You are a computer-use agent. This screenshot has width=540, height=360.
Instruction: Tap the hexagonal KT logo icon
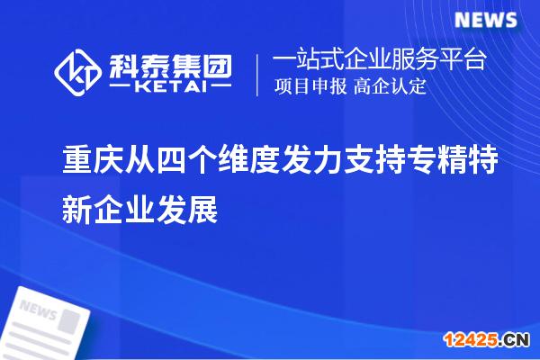click(x=78, y=71)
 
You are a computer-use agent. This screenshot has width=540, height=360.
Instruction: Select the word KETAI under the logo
click(x=172, y=86)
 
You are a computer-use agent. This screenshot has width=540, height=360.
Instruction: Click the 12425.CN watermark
click(x=490, y=339)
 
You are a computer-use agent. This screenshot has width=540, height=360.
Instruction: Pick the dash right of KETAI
click(x=221, y=86)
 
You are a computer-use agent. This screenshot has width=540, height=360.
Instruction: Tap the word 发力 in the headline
click(x=310, y=158)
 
